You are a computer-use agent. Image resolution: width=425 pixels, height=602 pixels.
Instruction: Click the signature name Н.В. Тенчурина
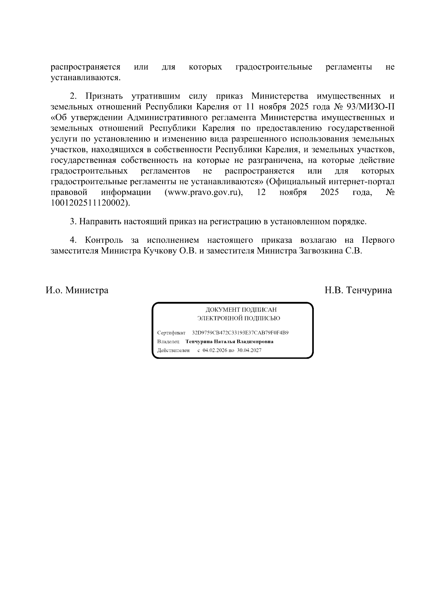coord(358,291)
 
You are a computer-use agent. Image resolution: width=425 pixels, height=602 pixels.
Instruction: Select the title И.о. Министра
coord(77,291)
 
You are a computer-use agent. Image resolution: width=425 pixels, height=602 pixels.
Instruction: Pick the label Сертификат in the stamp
coord(171,333)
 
